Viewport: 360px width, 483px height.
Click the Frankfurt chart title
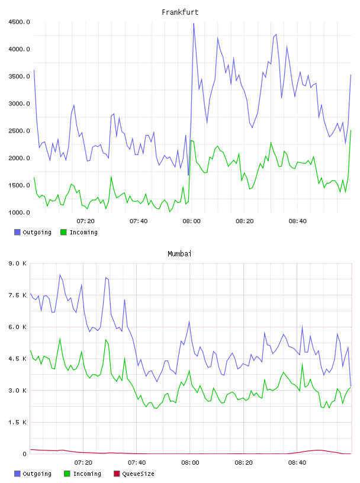coord(180,12)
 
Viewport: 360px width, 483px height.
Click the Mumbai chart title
coord(179,253)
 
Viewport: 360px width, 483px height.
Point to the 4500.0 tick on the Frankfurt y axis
coord(19,22)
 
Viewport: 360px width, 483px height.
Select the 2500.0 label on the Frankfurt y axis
coord(19,131)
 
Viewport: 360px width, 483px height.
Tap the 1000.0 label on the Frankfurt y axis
coord(19,212)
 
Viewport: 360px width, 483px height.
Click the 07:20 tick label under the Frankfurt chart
coord(85,221)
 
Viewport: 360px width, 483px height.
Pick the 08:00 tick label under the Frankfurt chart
coord(191,221)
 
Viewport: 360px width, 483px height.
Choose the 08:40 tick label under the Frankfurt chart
coord(297,221)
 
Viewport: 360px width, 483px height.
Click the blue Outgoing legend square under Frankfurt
coord(17,232)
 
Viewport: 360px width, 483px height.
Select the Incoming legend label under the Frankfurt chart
coord(83,232)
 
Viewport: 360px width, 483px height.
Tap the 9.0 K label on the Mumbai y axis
coord(17,263)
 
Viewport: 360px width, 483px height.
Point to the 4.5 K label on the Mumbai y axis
coord(17,359)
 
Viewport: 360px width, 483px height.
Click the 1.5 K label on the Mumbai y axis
coord(17,422)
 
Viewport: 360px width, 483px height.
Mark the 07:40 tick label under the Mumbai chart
coord(137,462)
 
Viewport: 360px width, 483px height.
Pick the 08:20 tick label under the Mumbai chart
coord(243,462)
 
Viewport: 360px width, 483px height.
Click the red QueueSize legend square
coord(117,474)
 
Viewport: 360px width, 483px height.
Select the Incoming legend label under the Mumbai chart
coord(87,474)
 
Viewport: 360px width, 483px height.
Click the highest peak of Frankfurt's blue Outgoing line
coord(194,24)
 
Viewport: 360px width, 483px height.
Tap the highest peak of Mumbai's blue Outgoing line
coord(60,275)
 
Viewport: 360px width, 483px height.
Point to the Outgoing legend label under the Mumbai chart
coord(37,474)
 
